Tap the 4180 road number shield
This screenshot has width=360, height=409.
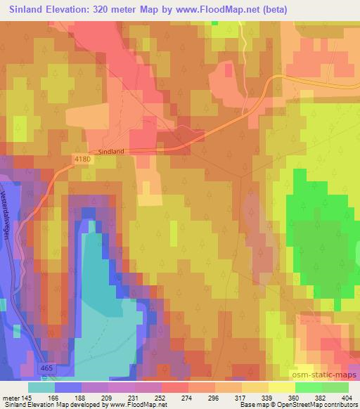point(83,160)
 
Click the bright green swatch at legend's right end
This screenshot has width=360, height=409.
point(335,387)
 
